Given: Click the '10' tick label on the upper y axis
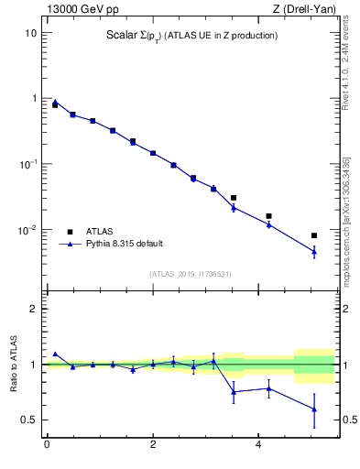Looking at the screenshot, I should coord(30,33).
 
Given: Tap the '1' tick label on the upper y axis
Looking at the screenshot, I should coord(33,99).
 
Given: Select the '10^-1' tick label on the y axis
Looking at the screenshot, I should coord(27,164).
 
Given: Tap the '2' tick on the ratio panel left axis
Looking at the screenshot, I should coord(33,309).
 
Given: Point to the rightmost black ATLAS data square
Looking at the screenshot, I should coord(314,235).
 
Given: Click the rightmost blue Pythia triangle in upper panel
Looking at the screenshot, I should coord(314,251).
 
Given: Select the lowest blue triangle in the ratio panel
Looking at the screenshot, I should coord(314,409).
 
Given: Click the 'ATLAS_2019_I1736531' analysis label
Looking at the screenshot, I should coord(191,274).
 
